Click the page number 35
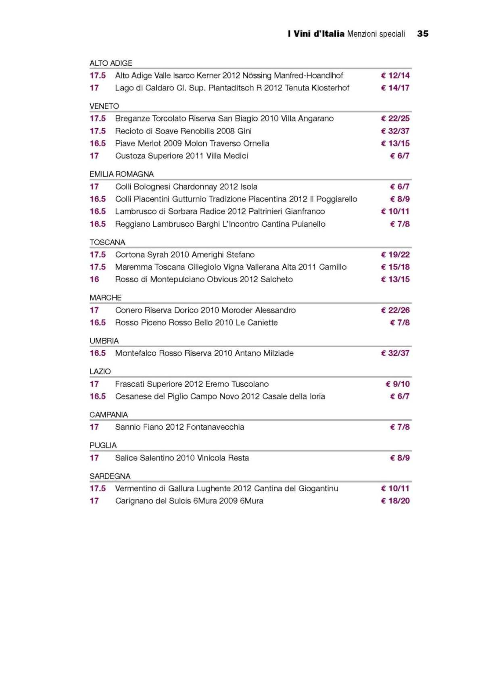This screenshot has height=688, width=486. (x=422, y=34)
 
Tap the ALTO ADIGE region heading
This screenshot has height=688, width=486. (x=111, y=63)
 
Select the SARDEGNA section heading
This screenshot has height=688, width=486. (x=110, y=476)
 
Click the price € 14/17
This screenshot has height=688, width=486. (x=395, y=88)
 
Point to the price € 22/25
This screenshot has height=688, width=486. (x=395, y=119)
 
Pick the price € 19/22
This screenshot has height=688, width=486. (x=395, y=255)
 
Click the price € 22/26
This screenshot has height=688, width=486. (x=395, y=311)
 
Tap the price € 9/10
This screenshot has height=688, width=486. (x=398, y=384)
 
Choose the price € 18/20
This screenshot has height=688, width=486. (x=395, y=501)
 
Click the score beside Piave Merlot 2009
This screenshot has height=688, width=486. (x=98, y=144)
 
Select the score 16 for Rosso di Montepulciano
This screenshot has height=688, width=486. (x=94, y=279)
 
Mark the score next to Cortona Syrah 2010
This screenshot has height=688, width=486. (x=98, y=255)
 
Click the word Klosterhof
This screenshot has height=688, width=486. (x=330, y=88)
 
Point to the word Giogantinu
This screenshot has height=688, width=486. (x=318, y=489)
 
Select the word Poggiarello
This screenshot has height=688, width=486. (x=337, y=199)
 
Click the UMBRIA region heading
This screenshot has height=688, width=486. (x=104, y=341)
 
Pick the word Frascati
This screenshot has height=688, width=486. (x=129, y=384)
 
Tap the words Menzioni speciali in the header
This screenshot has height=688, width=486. (x=376, y=34)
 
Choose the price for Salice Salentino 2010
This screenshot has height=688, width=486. (x=400, y=458)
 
